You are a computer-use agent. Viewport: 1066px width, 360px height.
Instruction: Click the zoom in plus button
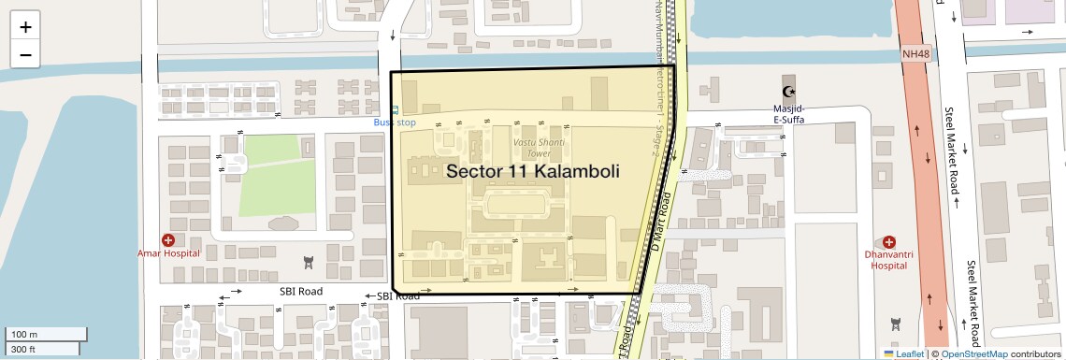tap(25, 27)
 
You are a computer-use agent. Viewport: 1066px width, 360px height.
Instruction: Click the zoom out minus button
tap(25, 54)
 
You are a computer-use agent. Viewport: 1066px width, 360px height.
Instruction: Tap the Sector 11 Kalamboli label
tap(533, 171)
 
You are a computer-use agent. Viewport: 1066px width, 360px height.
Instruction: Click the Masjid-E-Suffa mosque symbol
tap(790, 91)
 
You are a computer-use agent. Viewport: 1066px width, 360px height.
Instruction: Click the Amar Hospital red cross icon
tap(168, 240)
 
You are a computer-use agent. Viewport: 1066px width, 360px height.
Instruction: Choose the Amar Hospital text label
tap(168, 253)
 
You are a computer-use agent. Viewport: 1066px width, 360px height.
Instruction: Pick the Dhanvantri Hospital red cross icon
tap(888, 241)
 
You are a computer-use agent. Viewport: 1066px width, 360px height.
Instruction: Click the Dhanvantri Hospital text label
tap(888, 259)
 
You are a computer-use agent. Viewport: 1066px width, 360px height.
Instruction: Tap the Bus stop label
tap(394, 122)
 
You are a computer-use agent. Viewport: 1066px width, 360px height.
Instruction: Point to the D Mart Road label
tap(660, 220)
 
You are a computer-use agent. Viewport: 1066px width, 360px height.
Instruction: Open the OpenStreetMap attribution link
tap(974, 353)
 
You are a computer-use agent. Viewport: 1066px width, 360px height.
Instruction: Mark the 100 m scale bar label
tap(23, 334)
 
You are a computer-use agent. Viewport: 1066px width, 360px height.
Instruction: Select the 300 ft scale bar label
tap(23, 350)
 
